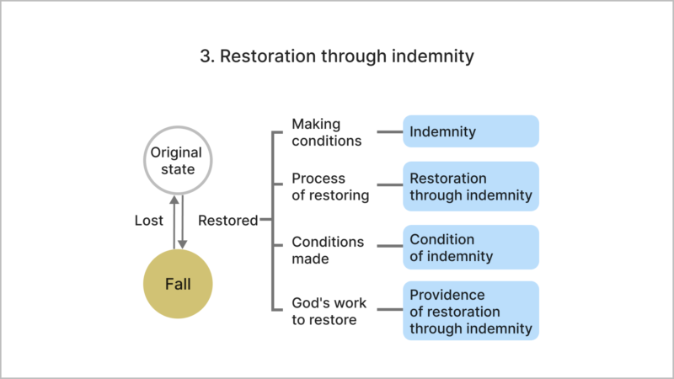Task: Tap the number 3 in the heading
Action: click(x=205, y=58)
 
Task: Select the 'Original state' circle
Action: click(x=178, y=161)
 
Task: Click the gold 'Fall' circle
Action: click(x=178, y=284)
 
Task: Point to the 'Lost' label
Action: click(x=149, y=221)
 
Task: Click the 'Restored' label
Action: click(x=227, y=221)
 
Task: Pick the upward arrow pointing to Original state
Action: click(x=174, y=221)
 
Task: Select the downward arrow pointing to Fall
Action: click(x=183, y=221)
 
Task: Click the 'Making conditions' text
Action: click(x=327, y=132)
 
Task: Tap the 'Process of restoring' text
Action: click(x=330, y=187)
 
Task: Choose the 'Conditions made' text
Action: click(x=328, y=250)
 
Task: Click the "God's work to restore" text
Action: click(x=329, y=311)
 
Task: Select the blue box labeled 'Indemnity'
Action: click(x=470, y=132)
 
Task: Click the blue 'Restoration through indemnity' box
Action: click(x=470, y=187)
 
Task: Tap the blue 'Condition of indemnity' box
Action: click(x=470, y=248)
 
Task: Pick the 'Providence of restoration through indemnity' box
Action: click(x=470, y=311)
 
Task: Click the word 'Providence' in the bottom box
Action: click(x=447, y=295)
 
